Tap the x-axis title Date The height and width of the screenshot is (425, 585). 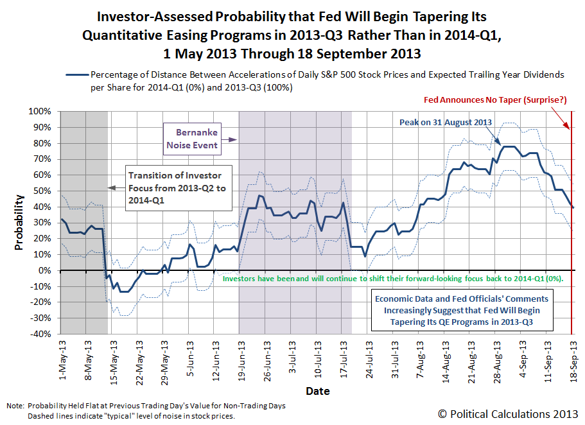click(317, 391)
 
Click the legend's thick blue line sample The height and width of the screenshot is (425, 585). click(75, 74)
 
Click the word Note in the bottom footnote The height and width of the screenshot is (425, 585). click(13, 406)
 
